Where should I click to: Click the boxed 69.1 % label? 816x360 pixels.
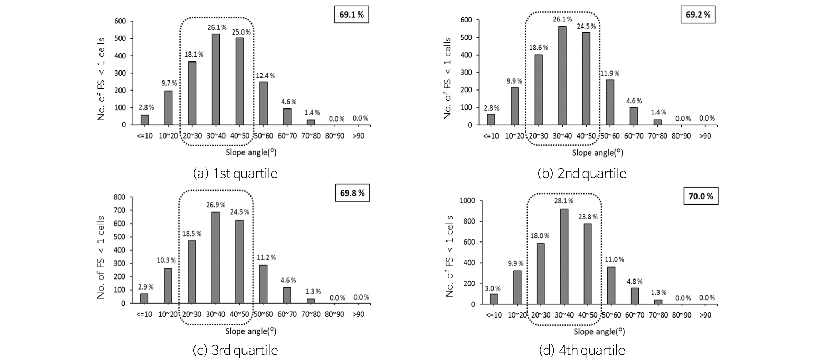tap(351, 15)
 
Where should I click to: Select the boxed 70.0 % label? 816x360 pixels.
tap(701, 196)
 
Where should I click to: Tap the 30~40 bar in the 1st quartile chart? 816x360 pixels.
tap(216, 79)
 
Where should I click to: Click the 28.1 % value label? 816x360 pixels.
tap(564, 201)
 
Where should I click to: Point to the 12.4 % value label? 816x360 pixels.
tap(265, 76)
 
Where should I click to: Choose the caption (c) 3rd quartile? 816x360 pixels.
tap(235, 350)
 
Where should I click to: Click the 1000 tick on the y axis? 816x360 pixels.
tap(467, 201)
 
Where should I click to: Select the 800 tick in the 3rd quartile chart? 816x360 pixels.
tap(121, 197)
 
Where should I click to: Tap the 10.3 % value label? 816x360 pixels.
tap(166, 260)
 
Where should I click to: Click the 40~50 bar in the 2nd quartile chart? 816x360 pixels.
tap(586, 78)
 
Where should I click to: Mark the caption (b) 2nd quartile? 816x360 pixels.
tap(582, 173)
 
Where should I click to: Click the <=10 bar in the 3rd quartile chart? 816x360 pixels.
tap(144, 298)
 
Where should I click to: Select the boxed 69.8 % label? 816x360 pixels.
tap(352, 193)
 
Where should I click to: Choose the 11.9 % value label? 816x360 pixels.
tap(610, 73)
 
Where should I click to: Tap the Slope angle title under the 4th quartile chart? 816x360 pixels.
tap(599, 332)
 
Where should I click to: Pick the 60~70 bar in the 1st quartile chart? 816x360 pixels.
tap(287, 116)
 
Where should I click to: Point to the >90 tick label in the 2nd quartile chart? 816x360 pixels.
tap(705, 136)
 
